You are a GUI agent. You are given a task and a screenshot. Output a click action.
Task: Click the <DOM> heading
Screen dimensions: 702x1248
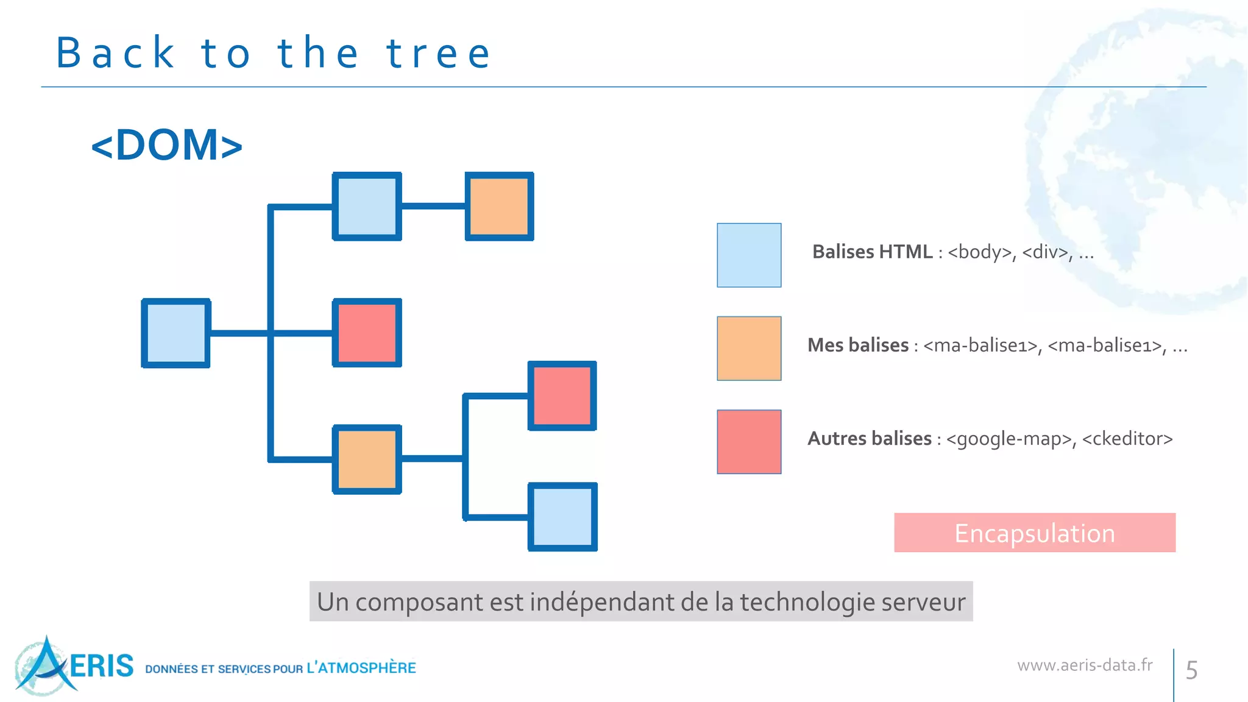167,145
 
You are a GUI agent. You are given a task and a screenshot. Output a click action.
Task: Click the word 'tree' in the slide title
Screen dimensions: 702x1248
438,54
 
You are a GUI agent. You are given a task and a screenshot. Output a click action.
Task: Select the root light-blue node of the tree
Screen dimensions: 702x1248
176,333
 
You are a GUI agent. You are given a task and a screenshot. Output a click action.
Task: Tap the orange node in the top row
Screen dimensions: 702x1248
500,207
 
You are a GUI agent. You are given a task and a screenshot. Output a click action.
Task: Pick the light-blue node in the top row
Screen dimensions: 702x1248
367,207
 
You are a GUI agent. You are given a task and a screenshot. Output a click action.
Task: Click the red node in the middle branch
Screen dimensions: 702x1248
367,333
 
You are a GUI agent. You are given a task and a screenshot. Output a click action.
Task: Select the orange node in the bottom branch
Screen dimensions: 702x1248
367,459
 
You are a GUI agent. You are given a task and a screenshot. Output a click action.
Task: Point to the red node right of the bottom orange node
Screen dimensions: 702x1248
562,396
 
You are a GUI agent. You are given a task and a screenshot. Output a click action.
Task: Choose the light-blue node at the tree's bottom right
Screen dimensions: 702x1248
562,517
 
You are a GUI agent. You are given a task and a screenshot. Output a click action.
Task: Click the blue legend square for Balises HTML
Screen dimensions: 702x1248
749,255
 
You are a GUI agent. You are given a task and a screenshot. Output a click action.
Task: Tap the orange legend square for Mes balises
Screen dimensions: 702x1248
749,348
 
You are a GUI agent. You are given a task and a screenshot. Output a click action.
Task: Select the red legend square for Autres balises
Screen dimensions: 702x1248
749,442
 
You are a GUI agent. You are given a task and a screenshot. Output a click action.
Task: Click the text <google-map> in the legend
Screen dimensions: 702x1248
1009,439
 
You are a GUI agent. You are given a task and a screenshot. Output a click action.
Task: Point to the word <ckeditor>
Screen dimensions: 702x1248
1127,439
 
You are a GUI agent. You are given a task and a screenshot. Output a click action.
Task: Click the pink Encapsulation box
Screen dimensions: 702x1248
1034,533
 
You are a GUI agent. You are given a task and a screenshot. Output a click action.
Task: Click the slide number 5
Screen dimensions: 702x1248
1191,670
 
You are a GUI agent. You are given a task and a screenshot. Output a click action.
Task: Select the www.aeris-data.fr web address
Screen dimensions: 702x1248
1085,665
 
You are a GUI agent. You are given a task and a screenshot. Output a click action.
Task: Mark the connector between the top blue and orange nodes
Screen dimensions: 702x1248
433,206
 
